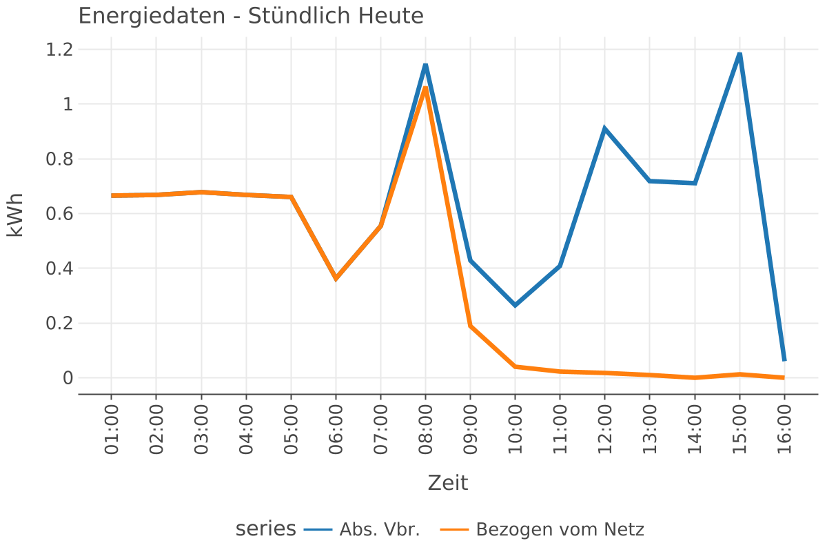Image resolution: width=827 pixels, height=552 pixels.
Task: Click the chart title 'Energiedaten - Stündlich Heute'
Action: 251,16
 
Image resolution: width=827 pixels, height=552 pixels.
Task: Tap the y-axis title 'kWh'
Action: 15,214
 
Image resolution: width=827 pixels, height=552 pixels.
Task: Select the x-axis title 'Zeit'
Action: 447,483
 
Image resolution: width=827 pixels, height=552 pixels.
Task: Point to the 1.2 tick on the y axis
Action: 59,50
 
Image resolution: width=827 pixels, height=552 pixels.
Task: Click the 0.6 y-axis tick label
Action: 59,214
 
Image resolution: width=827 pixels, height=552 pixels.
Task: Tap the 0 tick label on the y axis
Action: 67,378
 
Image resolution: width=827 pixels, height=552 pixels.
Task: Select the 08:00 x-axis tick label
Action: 425,430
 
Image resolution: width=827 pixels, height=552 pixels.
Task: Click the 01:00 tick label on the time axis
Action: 112,430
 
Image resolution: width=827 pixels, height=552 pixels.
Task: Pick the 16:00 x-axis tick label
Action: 784,430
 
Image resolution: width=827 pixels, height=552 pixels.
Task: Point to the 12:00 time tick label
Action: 604,430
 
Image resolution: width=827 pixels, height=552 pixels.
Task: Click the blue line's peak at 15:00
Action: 739,54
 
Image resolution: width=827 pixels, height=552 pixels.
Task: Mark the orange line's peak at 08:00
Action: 425,88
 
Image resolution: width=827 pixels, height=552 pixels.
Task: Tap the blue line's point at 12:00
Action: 604,128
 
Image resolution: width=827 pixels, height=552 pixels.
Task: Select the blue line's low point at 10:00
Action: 515,305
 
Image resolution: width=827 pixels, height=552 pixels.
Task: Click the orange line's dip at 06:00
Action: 336,279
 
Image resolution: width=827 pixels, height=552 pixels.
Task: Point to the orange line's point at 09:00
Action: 470,326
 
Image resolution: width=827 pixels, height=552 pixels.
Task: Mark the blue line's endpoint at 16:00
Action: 784,360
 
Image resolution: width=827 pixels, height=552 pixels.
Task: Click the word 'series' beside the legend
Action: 265,529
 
